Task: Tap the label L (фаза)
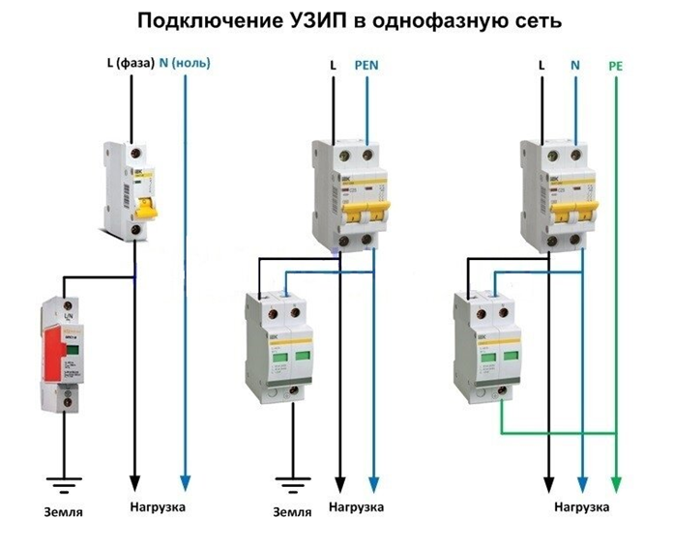[129, 64]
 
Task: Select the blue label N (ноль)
[185, 64]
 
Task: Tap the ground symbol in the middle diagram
[288, 480]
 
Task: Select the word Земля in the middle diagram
[290, 511]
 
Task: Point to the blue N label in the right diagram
[575, 66]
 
